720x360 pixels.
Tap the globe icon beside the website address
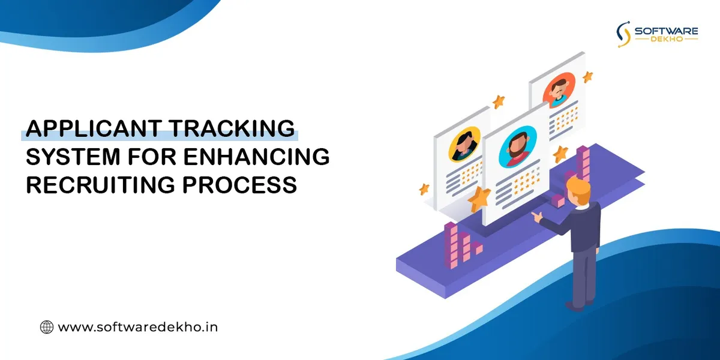(46, 327)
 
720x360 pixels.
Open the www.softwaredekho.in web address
(137, 327)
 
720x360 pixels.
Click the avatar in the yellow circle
(464, 145)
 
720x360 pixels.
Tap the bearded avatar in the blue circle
(517, 146)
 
